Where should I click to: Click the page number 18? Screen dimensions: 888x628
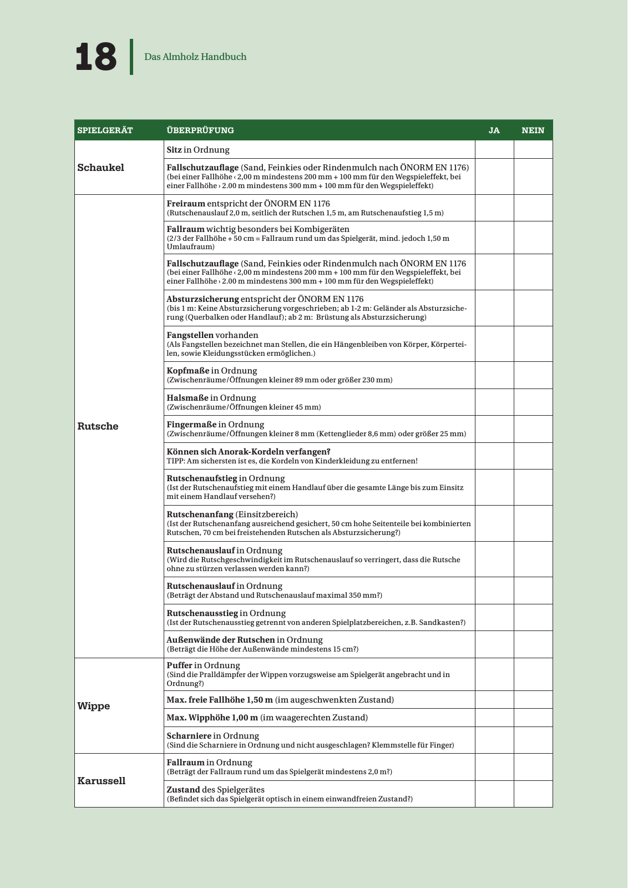pyautogui.click(x=96, y=57)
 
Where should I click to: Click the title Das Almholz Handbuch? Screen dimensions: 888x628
pyautogui.click(x=195, y=57)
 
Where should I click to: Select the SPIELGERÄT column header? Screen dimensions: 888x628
pyautogui.click(x=105, y=130)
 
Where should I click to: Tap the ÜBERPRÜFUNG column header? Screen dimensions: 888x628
pyautogui.click(x=200, y=130)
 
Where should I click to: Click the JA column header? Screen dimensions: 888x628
pyautogui.click(x=494, y=130)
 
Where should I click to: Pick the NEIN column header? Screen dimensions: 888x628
pyautogui.click(x=533, y=130)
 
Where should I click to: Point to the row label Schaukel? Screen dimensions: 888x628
pyautogui.click(x=101, y=168)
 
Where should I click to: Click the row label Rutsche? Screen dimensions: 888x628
pyautogui.click(x=98, y=426)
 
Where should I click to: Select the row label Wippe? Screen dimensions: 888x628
pyautogui.click(x=94, y=706)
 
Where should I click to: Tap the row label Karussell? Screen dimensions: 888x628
pyautogui.click(x=102, y=781)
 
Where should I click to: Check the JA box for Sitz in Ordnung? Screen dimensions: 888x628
pyautogui.click(x=494, y=150)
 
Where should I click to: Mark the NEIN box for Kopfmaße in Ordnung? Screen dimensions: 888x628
pyautogui.click(x=533, y=375)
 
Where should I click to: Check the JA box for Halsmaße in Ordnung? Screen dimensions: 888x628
pyautogui.click(x=494, y=402)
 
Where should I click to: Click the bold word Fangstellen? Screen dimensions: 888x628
pyautogui.click(x=190, y=335)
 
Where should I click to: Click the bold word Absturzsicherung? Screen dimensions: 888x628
pyautogui.click(x=202, y=299)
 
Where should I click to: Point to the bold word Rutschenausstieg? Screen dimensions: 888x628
pyautogui.click(x=202, y=613)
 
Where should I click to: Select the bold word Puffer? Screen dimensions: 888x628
pyautogui.click(x=180, y=665)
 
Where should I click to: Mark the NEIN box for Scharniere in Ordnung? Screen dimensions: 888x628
pyautogui.click(x=533, y=740)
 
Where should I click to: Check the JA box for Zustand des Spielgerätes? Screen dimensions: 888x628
pyautogui.click(x=494, y=794)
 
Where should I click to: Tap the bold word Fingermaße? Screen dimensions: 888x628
pyautogui.click(x=191, y=425)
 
